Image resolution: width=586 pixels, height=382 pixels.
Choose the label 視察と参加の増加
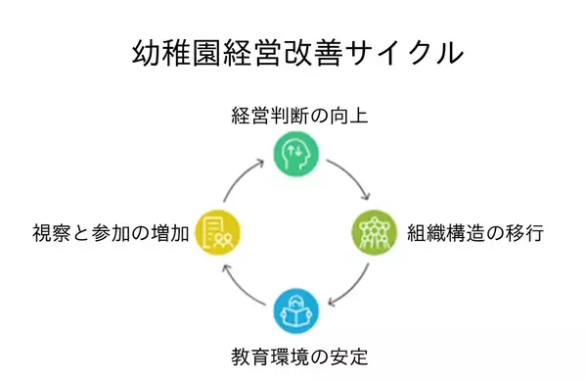point(111,233)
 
